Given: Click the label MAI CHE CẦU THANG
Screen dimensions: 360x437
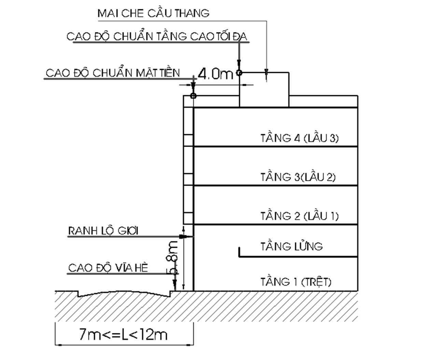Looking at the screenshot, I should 153,13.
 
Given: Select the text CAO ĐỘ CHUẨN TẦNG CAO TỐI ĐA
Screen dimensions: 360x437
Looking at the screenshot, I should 157,36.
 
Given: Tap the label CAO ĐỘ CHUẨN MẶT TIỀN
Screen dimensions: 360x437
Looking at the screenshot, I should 113,73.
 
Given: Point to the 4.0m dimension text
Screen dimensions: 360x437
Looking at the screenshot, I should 215,74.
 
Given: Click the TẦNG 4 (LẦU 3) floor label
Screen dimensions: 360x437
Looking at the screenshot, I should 299,138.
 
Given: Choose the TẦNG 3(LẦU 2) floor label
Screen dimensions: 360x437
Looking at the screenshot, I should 298,177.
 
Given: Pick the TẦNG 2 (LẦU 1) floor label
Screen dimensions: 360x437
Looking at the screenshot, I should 299,216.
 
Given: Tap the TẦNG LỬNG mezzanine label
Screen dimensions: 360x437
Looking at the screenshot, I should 291,246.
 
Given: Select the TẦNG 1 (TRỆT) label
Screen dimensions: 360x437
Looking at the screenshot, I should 296,282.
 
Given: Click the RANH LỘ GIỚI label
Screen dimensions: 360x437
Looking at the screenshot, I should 103,231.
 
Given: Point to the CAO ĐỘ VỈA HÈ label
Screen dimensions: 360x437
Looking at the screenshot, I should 108,268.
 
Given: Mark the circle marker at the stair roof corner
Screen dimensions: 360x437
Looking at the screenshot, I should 239,72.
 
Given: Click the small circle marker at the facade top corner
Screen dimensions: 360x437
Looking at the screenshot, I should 193,96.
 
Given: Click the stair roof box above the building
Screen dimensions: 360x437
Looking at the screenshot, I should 264,89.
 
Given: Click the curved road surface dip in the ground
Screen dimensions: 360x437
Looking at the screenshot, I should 124,294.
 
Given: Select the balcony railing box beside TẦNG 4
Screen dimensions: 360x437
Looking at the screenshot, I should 188,140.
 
